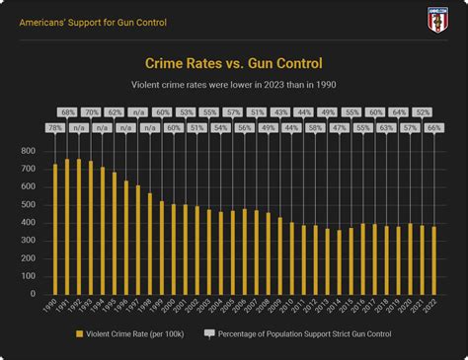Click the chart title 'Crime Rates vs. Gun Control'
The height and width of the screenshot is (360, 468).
234,64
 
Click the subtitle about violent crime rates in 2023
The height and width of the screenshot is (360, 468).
234,85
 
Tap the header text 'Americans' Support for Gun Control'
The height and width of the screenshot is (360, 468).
94,22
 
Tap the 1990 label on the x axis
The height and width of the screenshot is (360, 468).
50,311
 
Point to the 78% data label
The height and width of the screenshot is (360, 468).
55,128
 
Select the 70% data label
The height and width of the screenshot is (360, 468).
91,112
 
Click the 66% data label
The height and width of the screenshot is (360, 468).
433,128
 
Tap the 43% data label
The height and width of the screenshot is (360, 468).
280,112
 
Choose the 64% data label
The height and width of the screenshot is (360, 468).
398,112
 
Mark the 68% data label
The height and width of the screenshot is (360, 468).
67,112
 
